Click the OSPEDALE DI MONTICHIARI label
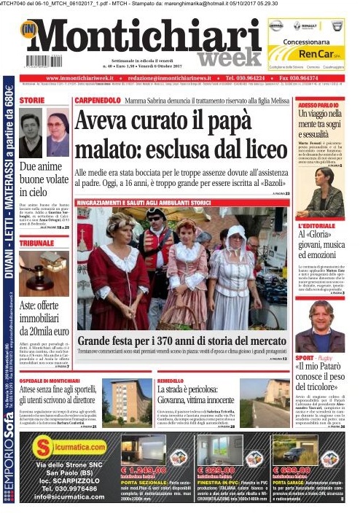pyautogui.click(x=54, y=381)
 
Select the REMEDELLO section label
pyautogui.click(x=171, y=381)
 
